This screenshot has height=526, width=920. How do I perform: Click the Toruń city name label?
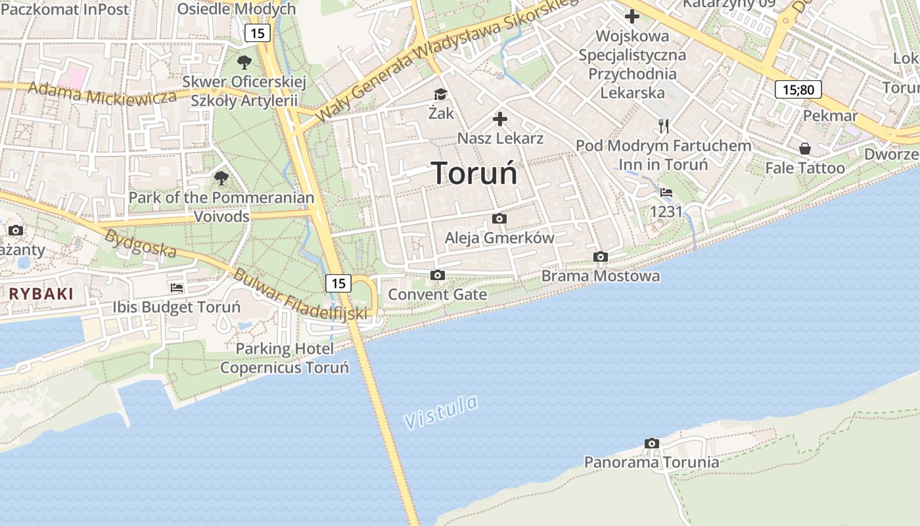tap(474, 174)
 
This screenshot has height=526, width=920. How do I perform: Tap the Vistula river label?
tap(441, 412)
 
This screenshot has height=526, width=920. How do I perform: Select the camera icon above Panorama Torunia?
tap(652, 444)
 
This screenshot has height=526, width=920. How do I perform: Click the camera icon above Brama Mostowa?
tap(600, 257)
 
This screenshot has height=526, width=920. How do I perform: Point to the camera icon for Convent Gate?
tap(438, 275)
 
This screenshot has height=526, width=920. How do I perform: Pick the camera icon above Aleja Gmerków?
tap(499, 218)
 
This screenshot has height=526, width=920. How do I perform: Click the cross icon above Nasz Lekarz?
tap(500, 119)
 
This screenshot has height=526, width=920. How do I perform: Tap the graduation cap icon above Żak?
tap(440, 95)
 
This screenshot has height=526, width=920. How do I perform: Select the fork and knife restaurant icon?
tap(664, 126)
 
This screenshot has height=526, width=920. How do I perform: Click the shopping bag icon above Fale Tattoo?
tap(805, 149)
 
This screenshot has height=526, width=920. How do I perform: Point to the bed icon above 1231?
tap(666, 193)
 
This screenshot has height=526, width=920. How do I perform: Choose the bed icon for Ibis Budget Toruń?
tap(177, 287)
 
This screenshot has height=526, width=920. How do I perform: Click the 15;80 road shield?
tap(798, 89)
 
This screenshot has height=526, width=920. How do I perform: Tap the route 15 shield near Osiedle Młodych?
tap(258, 32)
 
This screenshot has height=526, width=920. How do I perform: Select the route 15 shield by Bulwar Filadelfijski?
tap(338, 283)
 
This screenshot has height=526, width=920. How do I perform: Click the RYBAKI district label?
tap(41, 294)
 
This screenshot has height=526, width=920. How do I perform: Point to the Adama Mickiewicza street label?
tap(103, 94)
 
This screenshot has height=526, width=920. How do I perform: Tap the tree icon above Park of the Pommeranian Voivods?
tap(221, 178)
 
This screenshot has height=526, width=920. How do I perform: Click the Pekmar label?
tap(831, 116)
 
